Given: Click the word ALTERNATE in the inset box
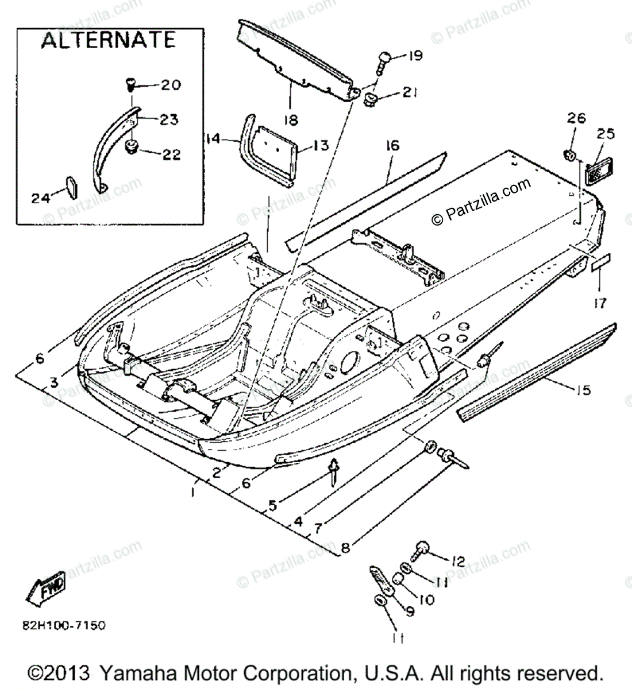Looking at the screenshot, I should pos(108,40).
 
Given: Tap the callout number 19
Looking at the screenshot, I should pos(415,56).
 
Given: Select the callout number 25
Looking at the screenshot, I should pos(606,134).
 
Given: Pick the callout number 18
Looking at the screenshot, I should pos(291,119).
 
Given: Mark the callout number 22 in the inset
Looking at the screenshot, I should pos(171,154).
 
